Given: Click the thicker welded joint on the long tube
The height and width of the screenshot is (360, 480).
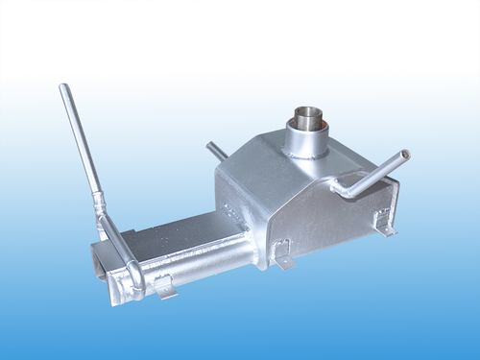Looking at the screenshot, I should click(x=97, y=203).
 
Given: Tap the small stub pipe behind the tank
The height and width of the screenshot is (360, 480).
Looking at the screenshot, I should click(x=215, y=151).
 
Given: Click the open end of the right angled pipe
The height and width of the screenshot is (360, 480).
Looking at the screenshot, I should click(x=406, y=154).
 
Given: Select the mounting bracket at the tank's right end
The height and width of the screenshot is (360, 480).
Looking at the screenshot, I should click(x=385, y=227).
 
